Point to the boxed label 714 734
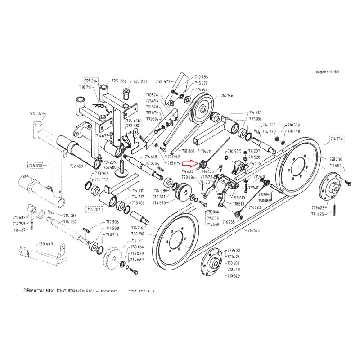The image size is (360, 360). pos(337,139)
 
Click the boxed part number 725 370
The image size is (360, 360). pos(35,165)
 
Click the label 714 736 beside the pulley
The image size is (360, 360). pos(227,96)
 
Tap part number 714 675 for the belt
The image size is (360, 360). pos(253,230)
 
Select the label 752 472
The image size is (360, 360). pos(163,82)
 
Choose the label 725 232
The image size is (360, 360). pos(140,81)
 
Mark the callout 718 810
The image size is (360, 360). pos(238,197)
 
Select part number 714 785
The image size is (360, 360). pos(70,215)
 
